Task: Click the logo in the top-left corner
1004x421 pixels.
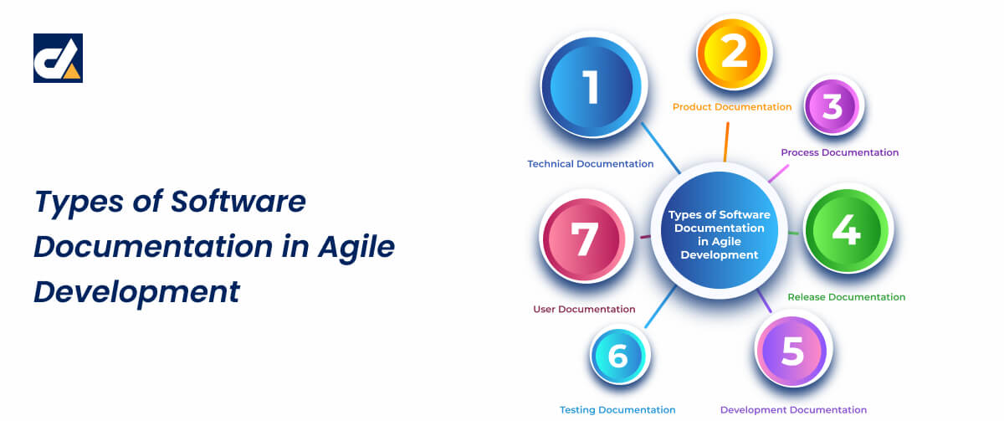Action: point(58,59)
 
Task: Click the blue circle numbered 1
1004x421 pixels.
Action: point(592,86)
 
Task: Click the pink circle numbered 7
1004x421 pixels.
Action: point(584,239)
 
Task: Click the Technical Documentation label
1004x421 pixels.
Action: point(590,164)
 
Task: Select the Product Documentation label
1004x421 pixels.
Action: point(732,107)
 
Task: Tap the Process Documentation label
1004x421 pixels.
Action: point(839,152)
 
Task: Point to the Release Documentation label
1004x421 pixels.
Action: point(846,297)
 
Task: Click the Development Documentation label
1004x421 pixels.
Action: point(793,410)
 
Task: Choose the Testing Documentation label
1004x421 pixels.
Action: point(617,410)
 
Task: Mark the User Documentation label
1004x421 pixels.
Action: point(584,310)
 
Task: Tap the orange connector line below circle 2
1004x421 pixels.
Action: point(726,140)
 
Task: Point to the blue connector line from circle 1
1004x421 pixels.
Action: point(661,147)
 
